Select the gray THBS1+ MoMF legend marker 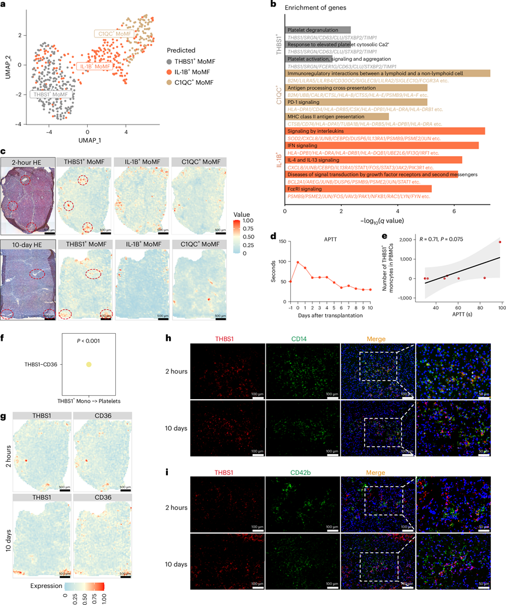(x=169, y=61)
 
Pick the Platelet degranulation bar (x=318, y=30)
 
